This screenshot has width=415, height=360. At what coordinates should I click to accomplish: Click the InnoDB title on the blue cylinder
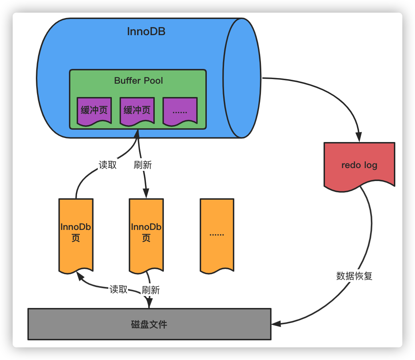click(x=146, y=32)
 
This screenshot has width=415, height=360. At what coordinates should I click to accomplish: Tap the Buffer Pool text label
click(x=139, y=81)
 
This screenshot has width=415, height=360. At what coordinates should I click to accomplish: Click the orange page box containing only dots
click(x=217, y=236)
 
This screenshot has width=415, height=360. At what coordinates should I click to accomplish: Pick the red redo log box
click(x=359, y=166)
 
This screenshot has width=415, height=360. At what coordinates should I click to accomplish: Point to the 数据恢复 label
click(x=354, y=276)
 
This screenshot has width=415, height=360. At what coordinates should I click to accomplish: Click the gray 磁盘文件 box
click(x=149, y=324)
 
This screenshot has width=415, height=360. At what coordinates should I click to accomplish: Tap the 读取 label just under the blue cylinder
click(x=108, y=165)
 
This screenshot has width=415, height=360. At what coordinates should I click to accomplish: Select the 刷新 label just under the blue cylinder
click(x=143, y=165)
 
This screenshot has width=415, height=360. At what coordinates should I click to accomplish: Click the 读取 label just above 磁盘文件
click(x=118, y=289)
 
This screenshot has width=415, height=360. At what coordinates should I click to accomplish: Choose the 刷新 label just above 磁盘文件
click(x=151, y=290)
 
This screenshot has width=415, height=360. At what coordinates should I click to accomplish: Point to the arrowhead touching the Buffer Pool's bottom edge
click(x=137, y=134)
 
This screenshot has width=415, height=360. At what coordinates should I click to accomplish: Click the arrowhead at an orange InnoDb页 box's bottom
click(x=80, y=276)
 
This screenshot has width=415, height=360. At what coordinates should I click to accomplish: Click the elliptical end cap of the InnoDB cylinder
click(x=242, y=78)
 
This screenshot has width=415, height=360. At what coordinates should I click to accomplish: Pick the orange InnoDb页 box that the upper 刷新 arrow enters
click(x=146, y=236)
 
